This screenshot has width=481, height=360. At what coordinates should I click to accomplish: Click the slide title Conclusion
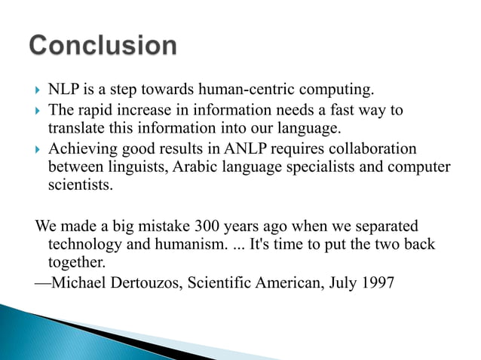click(x=103, y=46)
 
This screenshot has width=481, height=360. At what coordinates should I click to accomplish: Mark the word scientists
click(x=80, y=185)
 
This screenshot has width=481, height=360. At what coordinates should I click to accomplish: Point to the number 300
click(x=207, y=227)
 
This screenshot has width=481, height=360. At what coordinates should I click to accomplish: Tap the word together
click(x=77, y=264)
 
